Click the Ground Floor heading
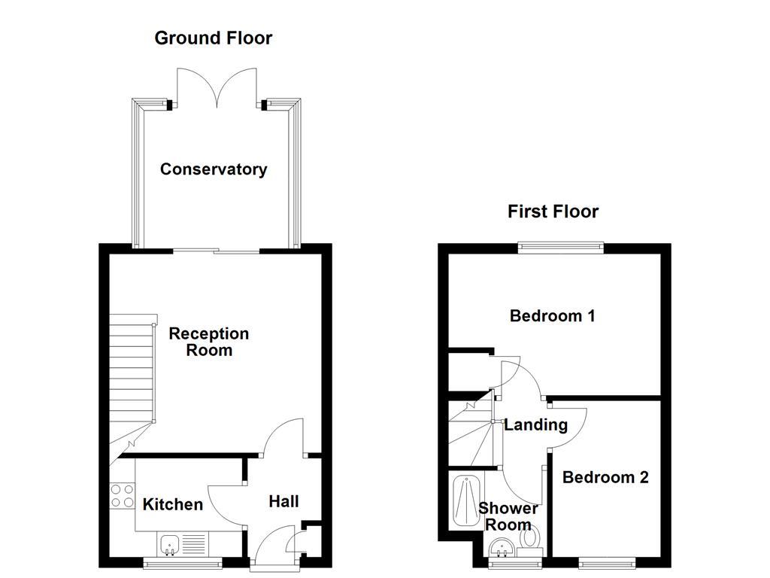click(213, 38)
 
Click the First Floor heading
click(553, 211)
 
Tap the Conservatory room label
click(213, 169)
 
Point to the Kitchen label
click(173, 504)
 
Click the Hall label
click(283, 501)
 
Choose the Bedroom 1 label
click(552, 315)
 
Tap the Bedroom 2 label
click(605, 477)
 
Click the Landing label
click(535, 424)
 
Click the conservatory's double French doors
click(217, 87)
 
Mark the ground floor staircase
click(131, 376)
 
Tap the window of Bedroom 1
click(560, 245)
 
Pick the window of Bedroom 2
click(606, 560)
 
